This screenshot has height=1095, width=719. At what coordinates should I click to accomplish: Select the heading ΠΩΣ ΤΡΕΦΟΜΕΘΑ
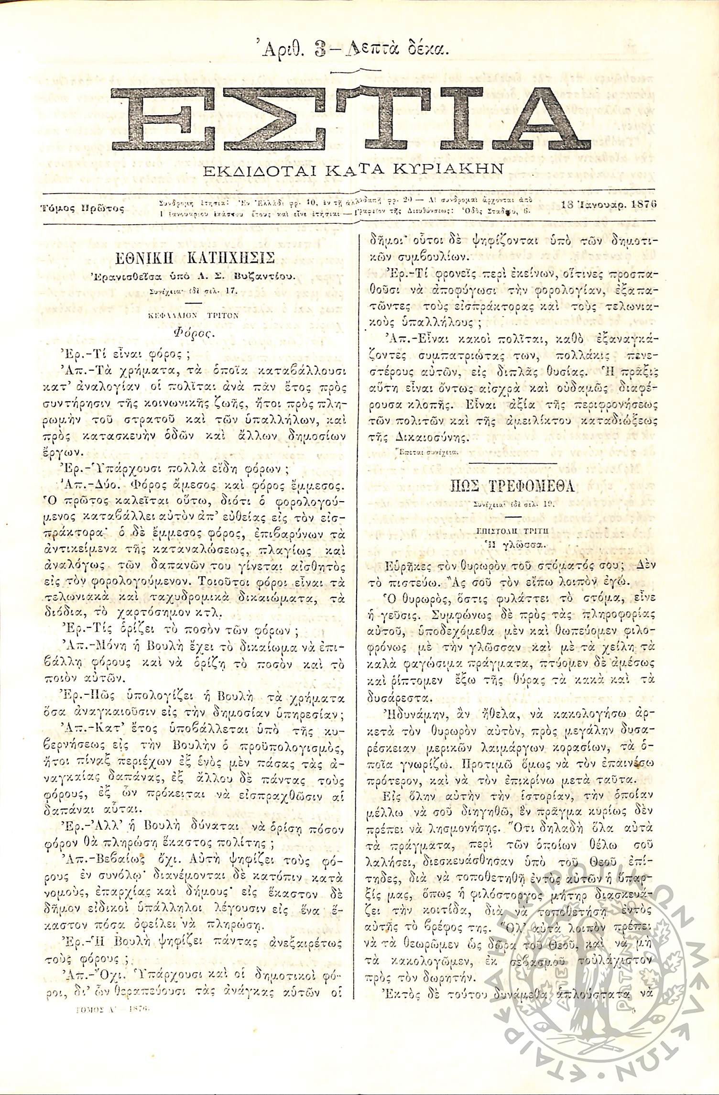click(512, 487)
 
